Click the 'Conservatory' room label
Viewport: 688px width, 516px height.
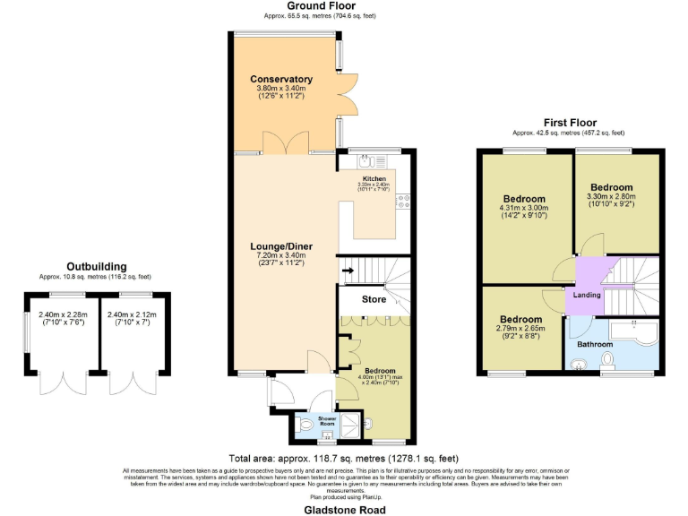tap(281, 79)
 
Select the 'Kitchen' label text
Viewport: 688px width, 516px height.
tap(374, 178)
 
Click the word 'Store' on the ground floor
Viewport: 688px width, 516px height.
tap(374, 299)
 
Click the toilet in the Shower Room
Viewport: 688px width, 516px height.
tap(306, 425)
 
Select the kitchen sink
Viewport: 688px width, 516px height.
tap(367, 162)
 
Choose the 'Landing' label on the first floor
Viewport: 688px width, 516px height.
tap(587, 295)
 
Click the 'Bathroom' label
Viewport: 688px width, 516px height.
tap(594, 344)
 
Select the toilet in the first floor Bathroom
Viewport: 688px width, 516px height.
tap(608, 360)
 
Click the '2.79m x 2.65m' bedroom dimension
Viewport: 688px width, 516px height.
tap(520, 330)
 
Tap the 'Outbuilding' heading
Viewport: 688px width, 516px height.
tap(96, 266)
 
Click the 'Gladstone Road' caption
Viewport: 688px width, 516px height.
tap(344, 509)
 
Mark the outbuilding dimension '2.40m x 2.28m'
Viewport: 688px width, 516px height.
tap(64, 314)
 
